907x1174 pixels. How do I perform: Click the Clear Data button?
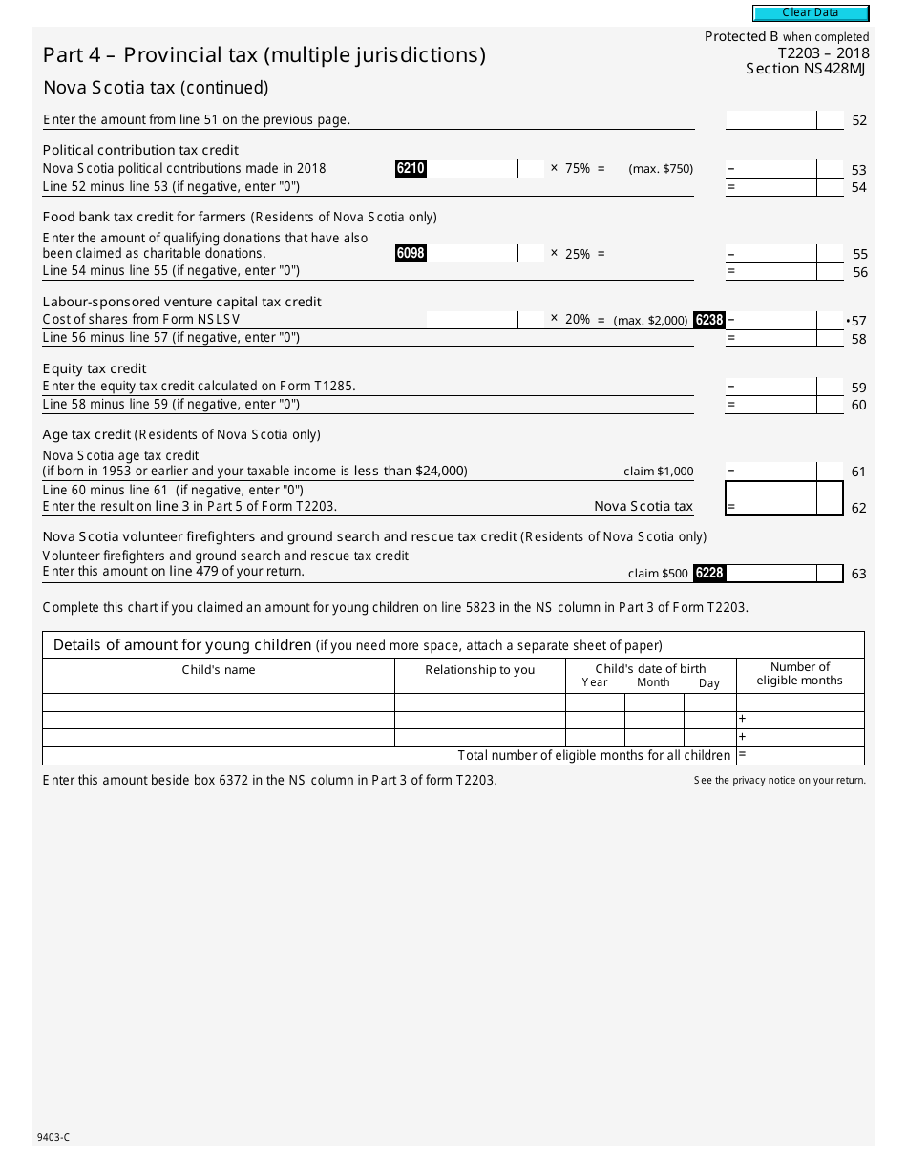[811, 13]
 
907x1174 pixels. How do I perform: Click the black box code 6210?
[411, 169]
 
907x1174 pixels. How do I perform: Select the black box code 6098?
[411, 254]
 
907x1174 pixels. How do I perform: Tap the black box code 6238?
[709, 321]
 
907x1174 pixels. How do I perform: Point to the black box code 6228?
[709, 573]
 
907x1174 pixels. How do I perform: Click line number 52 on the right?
[859, 120]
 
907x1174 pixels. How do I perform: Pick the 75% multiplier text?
[577, 169]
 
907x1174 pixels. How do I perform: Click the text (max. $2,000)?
[650, 321]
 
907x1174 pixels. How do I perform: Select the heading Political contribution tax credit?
[140, 150]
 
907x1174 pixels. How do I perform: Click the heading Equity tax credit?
[95, 368]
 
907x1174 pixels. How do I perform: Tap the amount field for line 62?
[771, 499]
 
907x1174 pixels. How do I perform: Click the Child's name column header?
[219, 670]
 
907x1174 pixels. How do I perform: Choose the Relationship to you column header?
[479, 670]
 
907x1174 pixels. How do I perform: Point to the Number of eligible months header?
[799, 674]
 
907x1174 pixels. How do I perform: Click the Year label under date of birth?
[595, 683]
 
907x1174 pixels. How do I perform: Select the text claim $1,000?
[658, 472]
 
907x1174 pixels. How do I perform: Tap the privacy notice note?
[779, 781]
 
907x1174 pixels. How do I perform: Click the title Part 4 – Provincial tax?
[264, 55]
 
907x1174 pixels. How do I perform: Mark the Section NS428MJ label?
[807, 69]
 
